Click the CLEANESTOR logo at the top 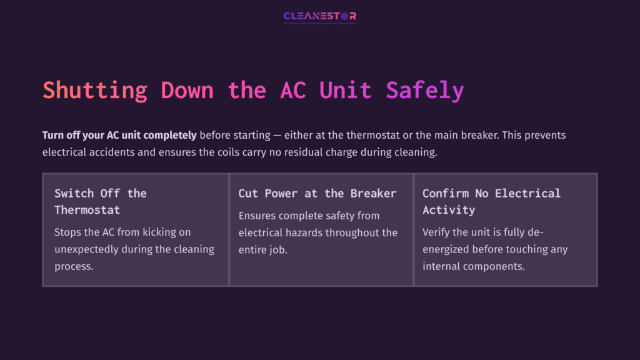coord(319,16)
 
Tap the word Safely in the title coord(425,91)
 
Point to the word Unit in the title coord(346,91)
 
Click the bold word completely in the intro coord(166,135)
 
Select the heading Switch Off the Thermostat coord(100,201)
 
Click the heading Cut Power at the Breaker coord(317,193)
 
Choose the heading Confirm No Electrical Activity coord(491,201)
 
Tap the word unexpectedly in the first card coord(89,249)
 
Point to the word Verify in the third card coord(437,232)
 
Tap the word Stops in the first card coord(68,232)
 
